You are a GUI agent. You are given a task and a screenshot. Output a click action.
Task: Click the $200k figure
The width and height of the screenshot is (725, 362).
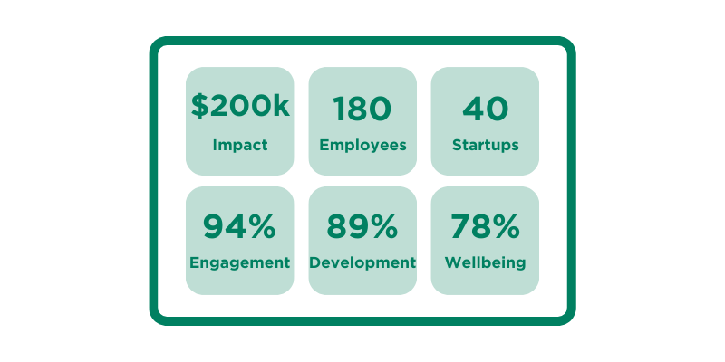click(x=240, y=107)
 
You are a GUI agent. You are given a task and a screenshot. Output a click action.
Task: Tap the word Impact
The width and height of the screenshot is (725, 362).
click(x=240, y=145)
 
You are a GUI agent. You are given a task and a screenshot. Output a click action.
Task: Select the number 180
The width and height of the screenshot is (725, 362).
click(x=362, y=110)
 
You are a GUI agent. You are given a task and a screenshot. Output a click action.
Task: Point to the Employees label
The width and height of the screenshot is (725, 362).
click(x=362, y=145)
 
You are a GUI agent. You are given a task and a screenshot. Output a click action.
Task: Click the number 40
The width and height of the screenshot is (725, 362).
click(x=486, y=110)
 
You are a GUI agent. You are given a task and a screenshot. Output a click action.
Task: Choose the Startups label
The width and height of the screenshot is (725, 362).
click(x=486, y=145)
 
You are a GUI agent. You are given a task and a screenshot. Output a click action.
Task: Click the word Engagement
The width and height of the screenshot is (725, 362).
click(x=240, y=263)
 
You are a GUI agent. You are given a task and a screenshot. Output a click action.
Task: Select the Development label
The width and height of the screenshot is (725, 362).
click(x=362, y=263)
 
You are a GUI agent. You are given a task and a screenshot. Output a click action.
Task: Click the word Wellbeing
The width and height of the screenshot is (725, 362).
click(x=486, y=263)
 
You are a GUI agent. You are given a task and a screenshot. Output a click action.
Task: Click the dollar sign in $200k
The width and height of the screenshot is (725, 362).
click(x=199, y=107)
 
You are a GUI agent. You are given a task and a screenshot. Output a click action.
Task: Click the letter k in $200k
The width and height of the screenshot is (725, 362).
click(x=281, y=107)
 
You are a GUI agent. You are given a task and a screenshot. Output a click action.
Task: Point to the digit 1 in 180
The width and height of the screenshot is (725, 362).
click(x=339, y=110)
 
